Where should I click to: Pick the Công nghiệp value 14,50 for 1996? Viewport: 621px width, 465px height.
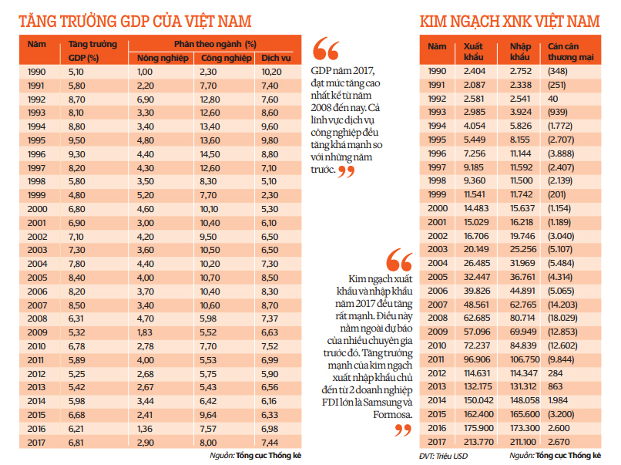[x=210, y=154]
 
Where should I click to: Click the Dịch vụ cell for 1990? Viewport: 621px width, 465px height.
[x=272, y=72]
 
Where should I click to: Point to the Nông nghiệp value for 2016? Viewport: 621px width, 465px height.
[x=146, y=429]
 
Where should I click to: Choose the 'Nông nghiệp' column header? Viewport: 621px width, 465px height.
[x=157, y=58]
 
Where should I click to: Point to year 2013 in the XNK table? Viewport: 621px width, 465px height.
[x=437, y=387]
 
